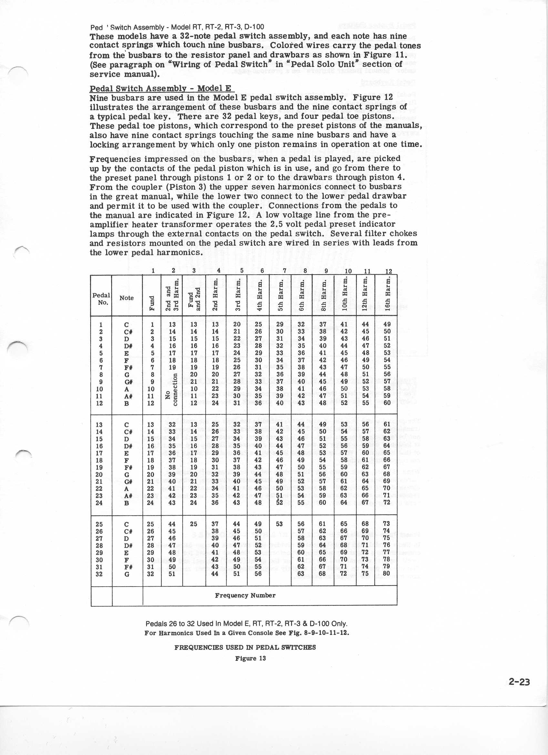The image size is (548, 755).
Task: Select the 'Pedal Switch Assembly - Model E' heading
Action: click(162, 88)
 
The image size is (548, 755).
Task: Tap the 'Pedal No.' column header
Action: click(101, 298)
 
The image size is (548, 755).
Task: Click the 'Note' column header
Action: click(127, 298)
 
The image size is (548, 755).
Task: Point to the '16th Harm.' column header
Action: click(388, 295)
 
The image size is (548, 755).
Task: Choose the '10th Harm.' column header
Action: click(345, 295)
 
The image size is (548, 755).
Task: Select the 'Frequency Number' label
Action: click(245, 595)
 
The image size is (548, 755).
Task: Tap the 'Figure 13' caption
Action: click(250, 658)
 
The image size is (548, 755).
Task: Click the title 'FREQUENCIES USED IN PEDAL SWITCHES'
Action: click(245, 647)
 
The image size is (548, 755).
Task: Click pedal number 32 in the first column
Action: click(99, 574)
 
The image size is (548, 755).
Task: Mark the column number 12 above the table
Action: click(389, 271)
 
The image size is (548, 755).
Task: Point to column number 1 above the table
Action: click(153, 271)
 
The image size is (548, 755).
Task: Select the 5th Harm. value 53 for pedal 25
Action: click(279, 524)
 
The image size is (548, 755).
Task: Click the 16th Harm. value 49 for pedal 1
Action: click(387, 325)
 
